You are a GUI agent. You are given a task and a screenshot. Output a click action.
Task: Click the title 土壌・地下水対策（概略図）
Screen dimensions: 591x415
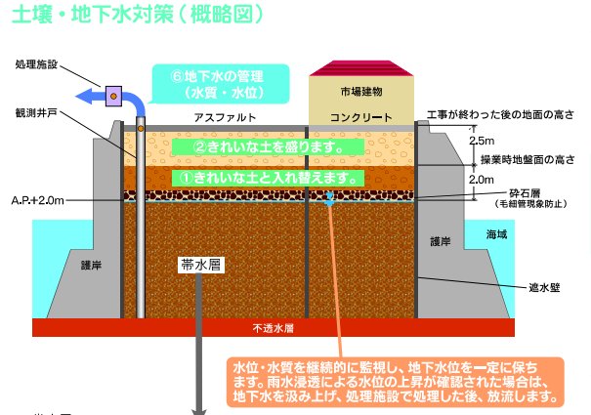(x=138, y=15)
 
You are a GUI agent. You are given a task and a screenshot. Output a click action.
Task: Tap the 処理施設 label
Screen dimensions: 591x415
(x=36, y=64)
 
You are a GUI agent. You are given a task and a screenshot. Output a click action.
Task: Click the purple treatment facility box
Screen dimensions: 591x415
(x=113, y=96)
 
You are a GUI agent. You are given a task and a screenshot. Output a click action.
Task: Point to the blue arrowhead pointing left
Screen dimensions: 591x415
(x=84, y=96)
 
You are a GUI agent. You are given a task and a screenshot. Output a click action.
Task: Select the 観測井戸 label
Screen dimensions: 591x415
(x=36, y=112)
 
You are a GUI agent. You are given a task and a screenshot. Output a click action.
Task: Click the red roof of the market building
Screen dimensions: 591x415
(x=361, y=68)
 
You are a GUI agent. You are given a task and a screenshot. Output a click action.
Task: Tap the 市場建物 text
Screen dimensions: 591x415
(x=361, y=92)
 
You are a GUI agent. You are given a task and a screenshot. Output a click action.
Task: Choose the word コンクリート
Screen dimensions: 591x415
(x=361, y=117)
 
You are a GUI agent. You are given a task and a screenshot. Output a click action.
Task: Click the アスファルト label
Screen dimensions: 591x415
(x=225, y=117)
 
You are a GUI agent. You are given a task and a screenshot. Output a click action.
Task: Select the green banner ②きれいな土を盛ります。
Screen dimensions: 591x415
(x=268, y=147)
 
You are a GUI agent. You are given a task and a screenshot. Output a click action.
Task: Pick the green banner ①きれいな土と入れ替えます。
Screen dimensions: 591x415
(x=268, y=178)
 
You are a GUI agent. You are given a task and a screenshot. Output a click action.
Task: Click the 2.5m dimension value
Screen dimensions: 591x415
(x=482, y=141)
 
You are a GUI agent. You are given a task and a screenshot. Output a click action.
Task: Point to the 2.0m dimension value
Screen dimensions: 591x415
(x=482, y=180)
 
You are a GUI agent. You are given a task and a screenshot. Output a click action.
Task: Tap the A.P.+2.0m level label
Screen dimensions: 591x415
(x=38, y=200)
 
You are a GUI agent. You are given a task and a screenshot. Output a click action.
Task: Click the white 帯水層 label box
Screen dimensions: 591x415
(x=200, y=265)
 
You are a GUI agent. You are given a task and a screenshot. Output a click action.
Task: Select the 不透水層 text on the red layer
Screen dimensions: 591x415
(x=274, y=328)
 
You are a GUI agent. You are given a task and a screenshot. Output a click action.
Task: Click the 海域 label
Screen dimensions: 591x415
(x=496, y=234)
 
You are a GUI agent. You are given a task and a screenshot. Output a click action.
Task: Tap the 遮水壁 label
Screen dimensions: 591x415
(x=544, y=288)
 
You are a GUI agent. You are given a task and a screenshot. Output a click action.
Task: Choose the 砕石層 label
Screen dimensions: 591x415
(x=525, y=193)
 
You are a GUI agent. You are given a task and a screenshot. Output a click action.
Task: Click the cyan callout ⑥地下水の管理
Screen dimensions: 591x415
(x=221, y=84)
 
